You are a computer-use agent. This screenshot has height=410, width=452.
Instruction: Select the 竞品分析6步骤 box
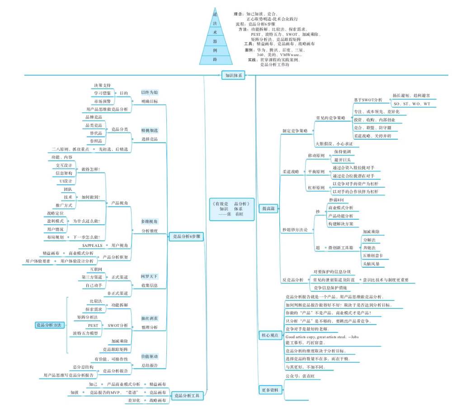(187, 236)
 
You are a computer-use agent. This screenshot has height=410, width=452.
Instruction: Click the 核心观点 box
(270, 335)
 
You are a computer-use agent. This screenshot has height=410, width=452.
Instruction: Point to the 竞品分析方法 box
(50, 325)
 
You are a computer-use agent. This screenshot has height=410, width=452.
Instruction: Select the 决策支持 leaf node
(102, 85)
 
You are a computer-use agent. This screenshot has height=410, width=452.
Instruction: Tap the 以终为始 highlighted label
(150, 92)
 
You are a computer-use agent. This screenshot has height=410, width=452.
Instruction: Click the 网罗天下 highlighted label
(150, 276)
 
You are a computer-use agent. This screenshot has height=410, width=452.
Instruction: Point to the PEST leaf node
(93, 325)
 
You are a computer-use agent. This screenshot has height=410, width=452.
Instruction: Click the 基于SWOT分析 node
(368, 99)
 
